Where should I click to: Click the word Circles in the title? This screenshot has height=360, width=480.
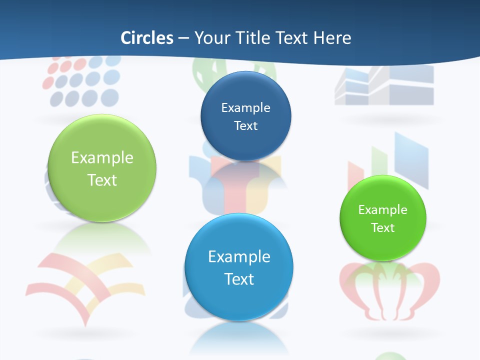(x=147, y=38)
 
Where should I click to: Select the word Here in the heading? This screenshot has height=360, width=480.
(x=333, y=38)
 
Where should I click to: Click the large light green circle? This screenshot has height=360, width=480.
(x=102, y=168)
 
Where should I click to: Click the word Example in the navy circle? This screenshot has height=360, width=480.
(x=245, y=107)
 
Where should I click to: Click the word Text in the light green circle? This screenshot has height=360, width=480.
(x=102, y=180)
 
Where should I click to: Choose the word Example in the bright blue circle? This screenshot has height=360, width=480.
(x=239, y=256)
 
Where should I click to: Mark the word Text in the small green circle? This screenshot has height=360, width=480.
(x=383, y=228)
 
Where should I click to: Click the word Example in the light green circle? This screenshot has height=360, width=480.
(x=102, y=157)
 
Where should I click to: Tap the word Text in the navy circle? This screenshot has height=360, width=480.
(x=245, y=125)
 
